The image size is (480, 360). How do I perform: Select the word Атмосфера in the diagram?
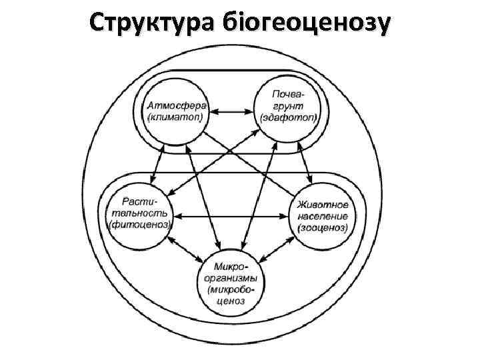[x=177, y=107]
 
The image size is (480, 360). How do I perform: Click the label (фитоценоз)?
[x=139, y=225]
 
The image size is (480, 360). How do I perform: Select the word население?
[x=323, y=215]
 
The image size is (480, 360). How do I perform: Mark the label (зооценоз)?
[x=322, y=227]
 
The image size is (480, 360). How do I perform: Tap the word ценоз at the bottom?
[x=230, y=301]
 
